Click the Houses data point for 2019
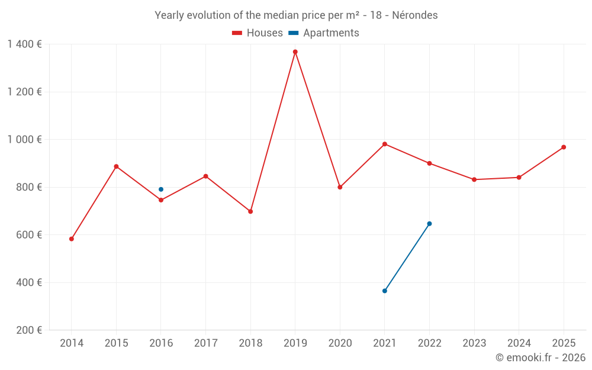pos(295,52)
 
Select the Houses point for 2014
pos(72,239)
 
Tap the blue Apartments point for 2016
pos(161,189)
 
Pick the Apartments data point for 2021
pos(385,291)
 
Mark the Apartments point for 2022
pos(429,224)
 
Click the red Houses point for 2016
pos(161,200)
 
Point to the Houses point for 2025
pos(564,147)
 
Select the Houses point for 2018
pos(250,211)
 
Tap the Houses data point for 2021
pos(385,144)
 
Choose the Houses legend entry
pos(258,33)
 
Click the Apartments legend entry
pos(324,33)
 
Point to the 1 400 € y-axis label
pos(24,44)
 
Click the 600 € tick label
pos(29,235)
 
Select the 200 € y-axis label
pos(29,330)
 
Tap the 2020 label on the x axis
pos(340,343)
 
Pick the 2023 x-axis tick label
pos(474,343)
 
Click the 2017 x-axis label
pos(206,343)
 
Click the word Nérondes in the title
pos(415,15)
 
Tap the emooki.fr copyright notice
pos(540,357)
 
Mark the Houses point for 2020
pos(340,187)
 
